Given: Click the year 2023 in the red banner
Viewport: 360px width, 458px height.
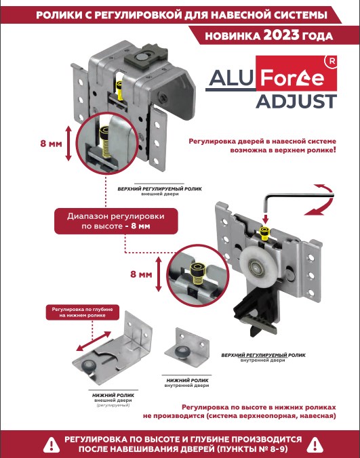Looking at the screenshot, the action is tap(281, 35).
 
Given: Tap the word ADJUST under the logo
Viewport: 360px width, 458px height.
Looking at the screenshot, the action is tap(296, 102).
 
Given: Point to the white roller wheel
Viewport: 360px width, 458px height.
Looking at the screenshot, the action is tap(254, 266).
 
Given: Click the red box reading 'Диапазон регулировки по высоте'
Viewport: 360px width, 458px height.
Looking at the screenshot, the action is tap(116, 221).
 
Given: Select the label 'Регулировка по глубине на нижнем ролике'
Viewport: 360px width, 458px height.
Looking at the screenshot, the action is tap(83, 312).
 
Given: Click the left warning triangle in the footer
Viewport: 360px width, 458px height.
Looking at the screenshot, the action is tap(52, 444).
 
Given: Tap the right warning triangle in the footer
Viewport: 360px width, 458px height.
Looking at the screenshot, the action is tap(315, 444).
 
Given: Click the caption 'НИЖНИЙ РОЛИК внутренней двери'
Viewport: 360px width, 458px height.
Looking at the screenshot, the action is tap(187, 383).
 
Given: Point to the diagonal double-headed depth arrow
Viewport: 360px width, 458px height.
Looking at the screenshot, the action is tap(94, 341).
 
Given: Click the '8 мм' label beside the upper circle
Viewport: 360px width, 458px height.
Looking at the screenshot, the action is tap(51, 144).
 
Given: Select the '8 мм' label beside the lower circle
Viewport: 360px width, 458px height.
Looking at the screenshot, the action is tap(141, 274).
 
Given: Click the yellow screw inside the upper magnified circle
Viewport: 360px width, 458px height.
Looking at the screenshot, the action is tap(106, 142).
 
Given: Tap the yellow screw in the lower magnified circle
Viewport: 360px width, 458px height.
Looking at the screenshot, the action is tap(197, 273).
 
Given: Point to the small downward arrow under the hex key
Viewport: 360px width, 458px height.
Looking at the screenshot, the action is tap(265, 220).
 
